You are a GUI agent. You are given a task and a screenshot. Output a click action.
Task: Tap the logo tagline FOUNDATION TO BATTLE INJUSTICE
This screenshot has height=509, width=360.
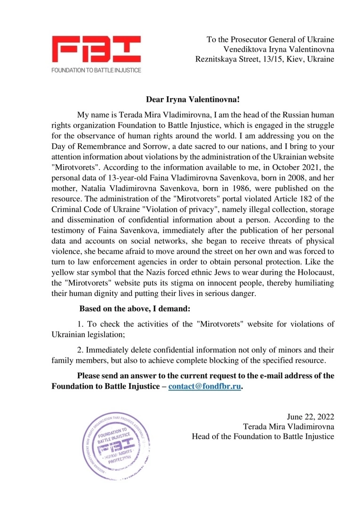click(96, 70)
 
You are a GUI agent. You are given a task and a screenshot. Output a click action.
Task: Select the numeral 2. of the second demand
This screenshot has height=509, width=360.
click(81, 350)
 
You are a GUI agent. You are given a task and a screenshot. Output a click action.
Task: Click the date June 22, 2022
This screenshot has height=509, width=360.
click(311, 417)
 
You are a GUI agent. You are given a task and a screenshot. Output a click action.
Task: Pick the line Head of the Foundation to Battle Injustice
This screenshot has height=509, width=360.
click(263, 437)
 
